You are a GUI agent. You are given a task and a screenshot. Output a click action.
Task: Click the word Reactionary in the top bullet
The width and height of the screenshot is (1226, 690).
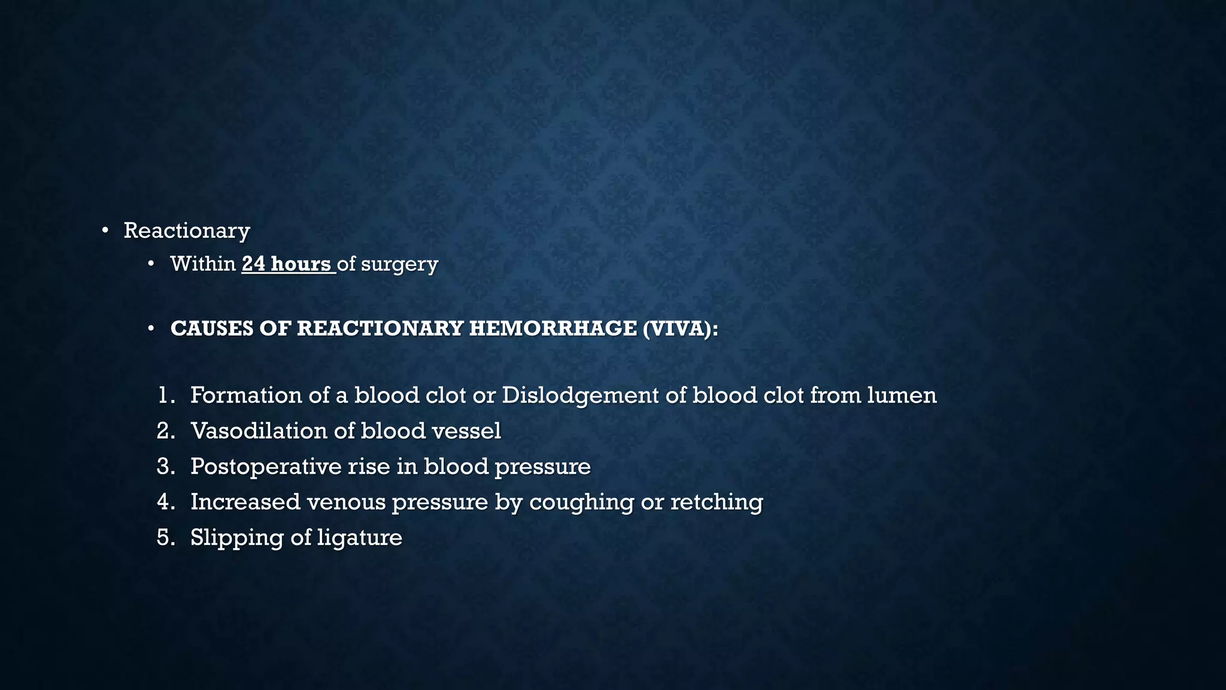187,231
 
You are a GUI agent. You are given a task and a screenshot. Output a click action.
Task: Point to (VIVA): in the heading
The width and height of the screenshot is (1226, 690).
680,329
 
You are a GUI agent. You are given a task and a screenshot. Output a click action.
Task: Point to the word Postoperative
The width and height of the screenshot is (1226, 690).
265,467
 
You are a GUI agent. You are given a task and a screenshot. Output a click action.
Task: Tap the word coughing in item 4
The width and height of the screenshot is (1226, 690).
581,503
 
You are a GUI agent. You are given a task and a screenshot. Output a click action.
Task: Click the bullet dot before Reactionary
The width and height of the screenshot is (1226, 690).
105,231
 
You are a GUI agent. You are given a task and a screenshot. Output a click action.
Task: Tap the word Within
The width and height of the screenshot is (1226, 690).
203,264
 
